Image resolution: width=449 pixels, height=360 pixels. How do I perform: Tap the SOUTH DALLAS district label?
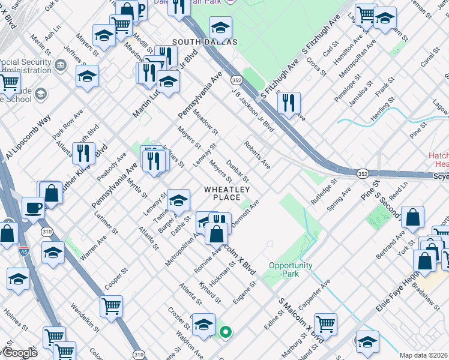205,42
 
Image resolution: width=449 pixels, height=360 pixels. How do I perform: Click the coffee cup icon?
33,208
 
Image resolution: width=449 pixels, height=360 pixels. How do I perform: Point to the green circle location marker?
225,331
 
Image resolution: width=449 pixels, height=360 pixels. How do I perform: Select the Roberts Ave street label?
257,155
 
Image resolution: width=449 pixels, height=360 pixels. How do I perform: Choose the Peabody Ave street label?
114,167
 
